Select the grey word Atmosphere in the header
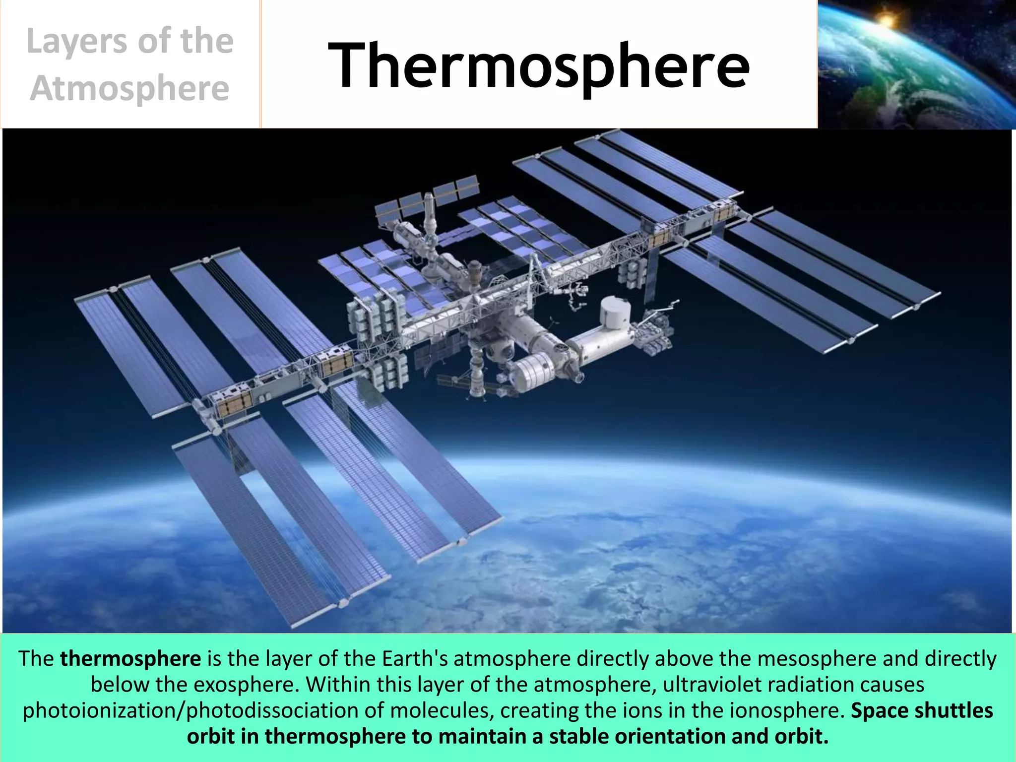click(129, 89)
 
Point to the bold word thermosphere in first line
click(130, 659)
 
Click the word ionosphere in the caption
click(787, 710)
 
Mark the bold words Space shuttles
click(922, 710)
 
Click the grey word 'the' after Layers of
click(207, 42)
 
